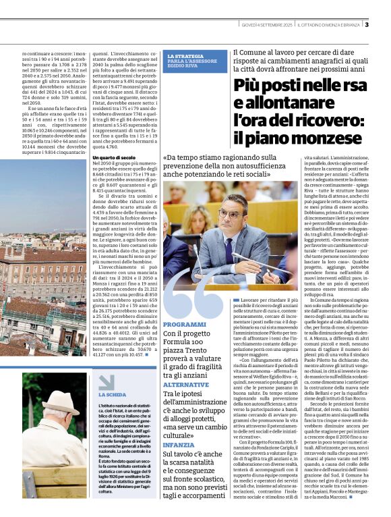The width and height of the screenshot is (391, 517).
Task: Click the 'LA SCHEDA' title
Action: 113,394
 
